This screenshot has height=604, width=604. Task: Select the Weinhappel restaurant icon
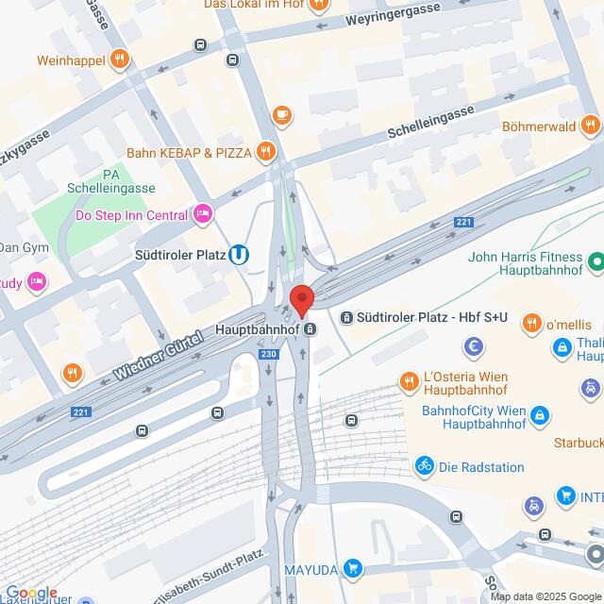tap(118, 60)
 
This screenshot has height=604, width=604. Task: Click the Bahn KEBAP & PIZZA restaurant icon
tap(267, 151)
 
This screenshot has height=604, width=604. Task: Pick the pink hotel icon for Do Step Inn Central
tap(202, 215)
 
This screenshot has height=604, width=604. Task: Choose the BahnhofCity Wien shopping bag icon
tap(539, 414)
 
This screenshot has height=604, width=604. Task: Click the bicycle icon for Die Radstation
tap(424, 464)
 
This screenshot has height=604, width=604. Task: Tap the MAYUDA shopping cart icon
tap(353, 568)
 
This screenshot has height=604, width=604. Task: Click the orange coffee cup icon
tap(280, 114)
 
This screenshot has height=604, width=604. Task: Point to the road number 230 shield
tap(269, 355)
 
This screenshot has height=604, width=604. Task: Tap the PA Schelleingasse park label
tap(111, 181)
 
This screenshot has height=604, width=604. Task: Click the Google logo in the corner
tap(30, 592)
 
